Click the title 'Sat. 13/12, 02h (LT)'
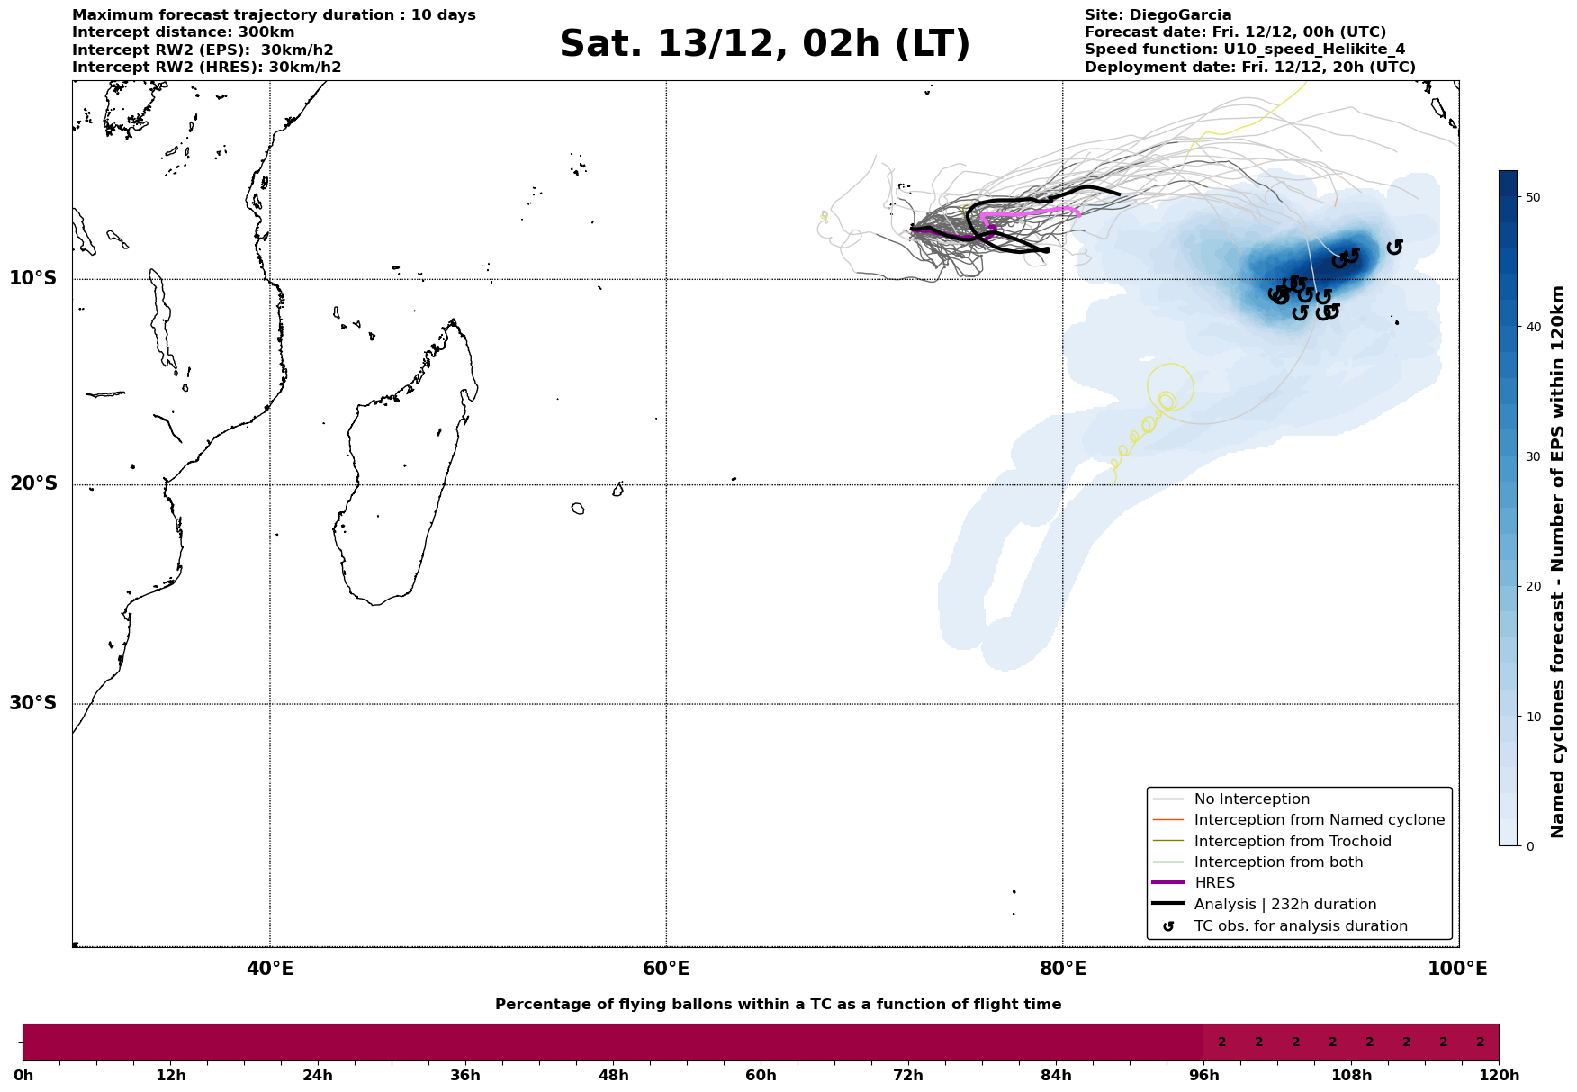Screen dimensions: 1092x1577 pyautogui.click(x=764, y=44)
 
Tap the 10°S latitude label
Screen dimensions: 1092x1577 pyautogui.click(x=33, y=278)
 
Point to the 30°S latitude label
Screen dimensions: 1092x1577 pyautogui.click(x=33, y=703)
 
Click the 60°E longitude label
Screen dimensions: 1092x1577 pyautogui.click(x=666, y=970)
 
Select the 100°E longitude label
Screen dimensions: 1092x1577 pyautogui.click(x=1458, y=970)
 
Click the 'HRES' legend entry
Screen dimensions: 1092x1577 pyautogui.click(x=1214, y=883)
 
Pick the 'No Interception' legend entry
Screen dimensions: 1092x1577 pyautogui.click(x=1251, y=799)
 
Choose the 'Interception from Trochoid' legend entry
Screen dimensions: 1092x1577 pyautogui.click(x=1292, y=842)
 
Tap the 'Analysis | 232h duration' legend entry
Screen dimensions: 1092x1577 pyautogui.click(x=1284, y=905)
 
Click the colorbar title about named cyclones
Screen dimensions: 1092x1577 pyautogui.click(x=1559, y=562)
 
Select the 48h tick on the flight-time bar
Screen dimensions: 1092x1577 pyautogui.click(x=613, y=1075)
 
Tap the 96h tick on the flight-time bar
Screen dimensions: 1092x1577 pyautogui.click(x=1203, y=1075)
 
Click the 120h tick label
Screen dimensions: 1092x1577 pyautogui.click(x=1498, y=1075)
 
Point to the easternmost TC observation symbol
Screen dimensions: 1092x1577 pyautogui.click(x=1394, y=247)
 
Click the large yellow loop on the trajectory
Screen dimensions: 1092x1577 pyautogui.click(x=1170, y=386)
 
